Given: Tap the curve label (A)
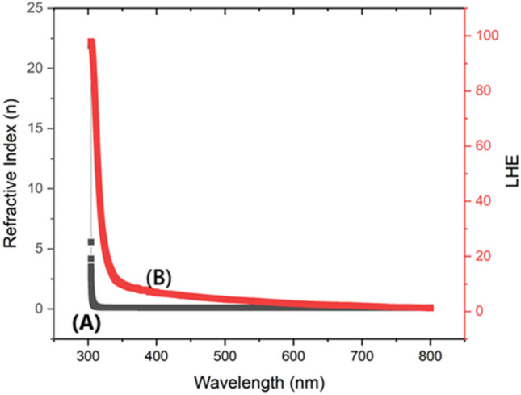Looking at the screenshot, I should [86, 324].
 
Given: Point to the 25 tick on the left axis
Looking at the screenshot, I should [35, 8].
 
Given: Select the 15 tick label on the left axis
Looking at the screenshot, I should [35, 128].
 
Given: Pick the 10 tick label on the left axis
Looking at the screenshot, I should [35, 188].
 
